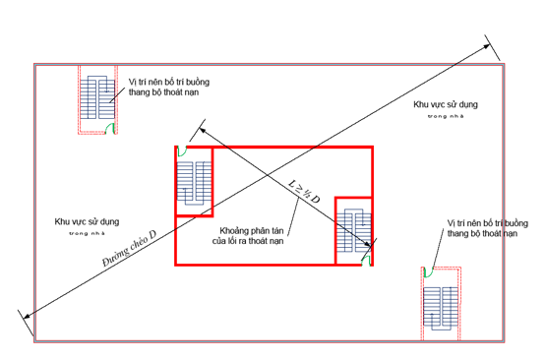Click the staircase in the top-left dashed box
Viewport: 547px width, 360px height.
click(97, 100)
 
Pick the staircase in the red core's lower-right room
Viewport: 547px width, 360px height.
click(353, 231)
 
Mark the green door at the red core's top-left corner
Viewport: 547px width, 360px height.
click(181, 151)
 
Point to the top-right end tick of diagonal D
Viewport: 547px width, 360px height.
click(489, 44)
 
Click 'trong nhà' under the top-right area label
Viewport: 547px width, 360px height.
click(444, 116)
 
